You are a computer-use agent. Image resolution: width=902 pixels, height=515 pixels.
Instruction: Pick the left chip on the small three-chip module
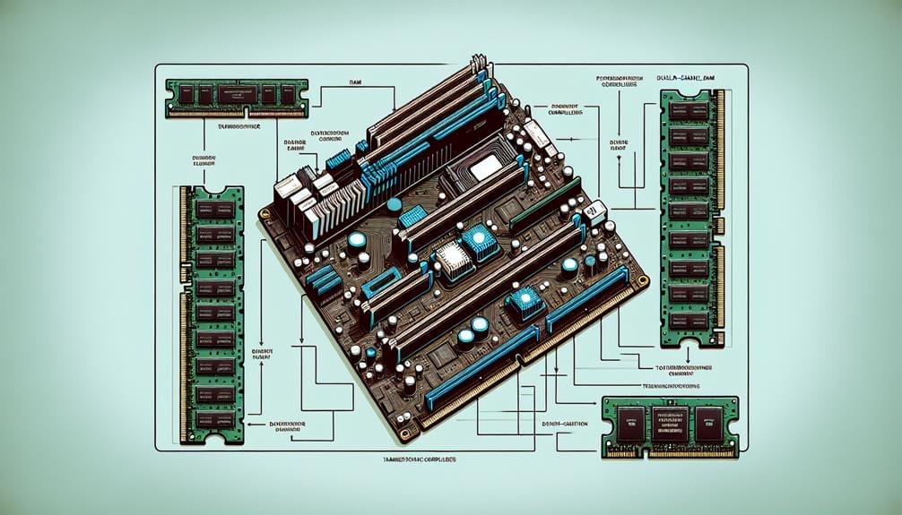point(626,421)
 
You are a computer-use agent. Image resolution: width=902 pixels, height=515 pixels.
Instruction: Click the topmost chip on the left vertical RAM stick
point(212,209)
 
